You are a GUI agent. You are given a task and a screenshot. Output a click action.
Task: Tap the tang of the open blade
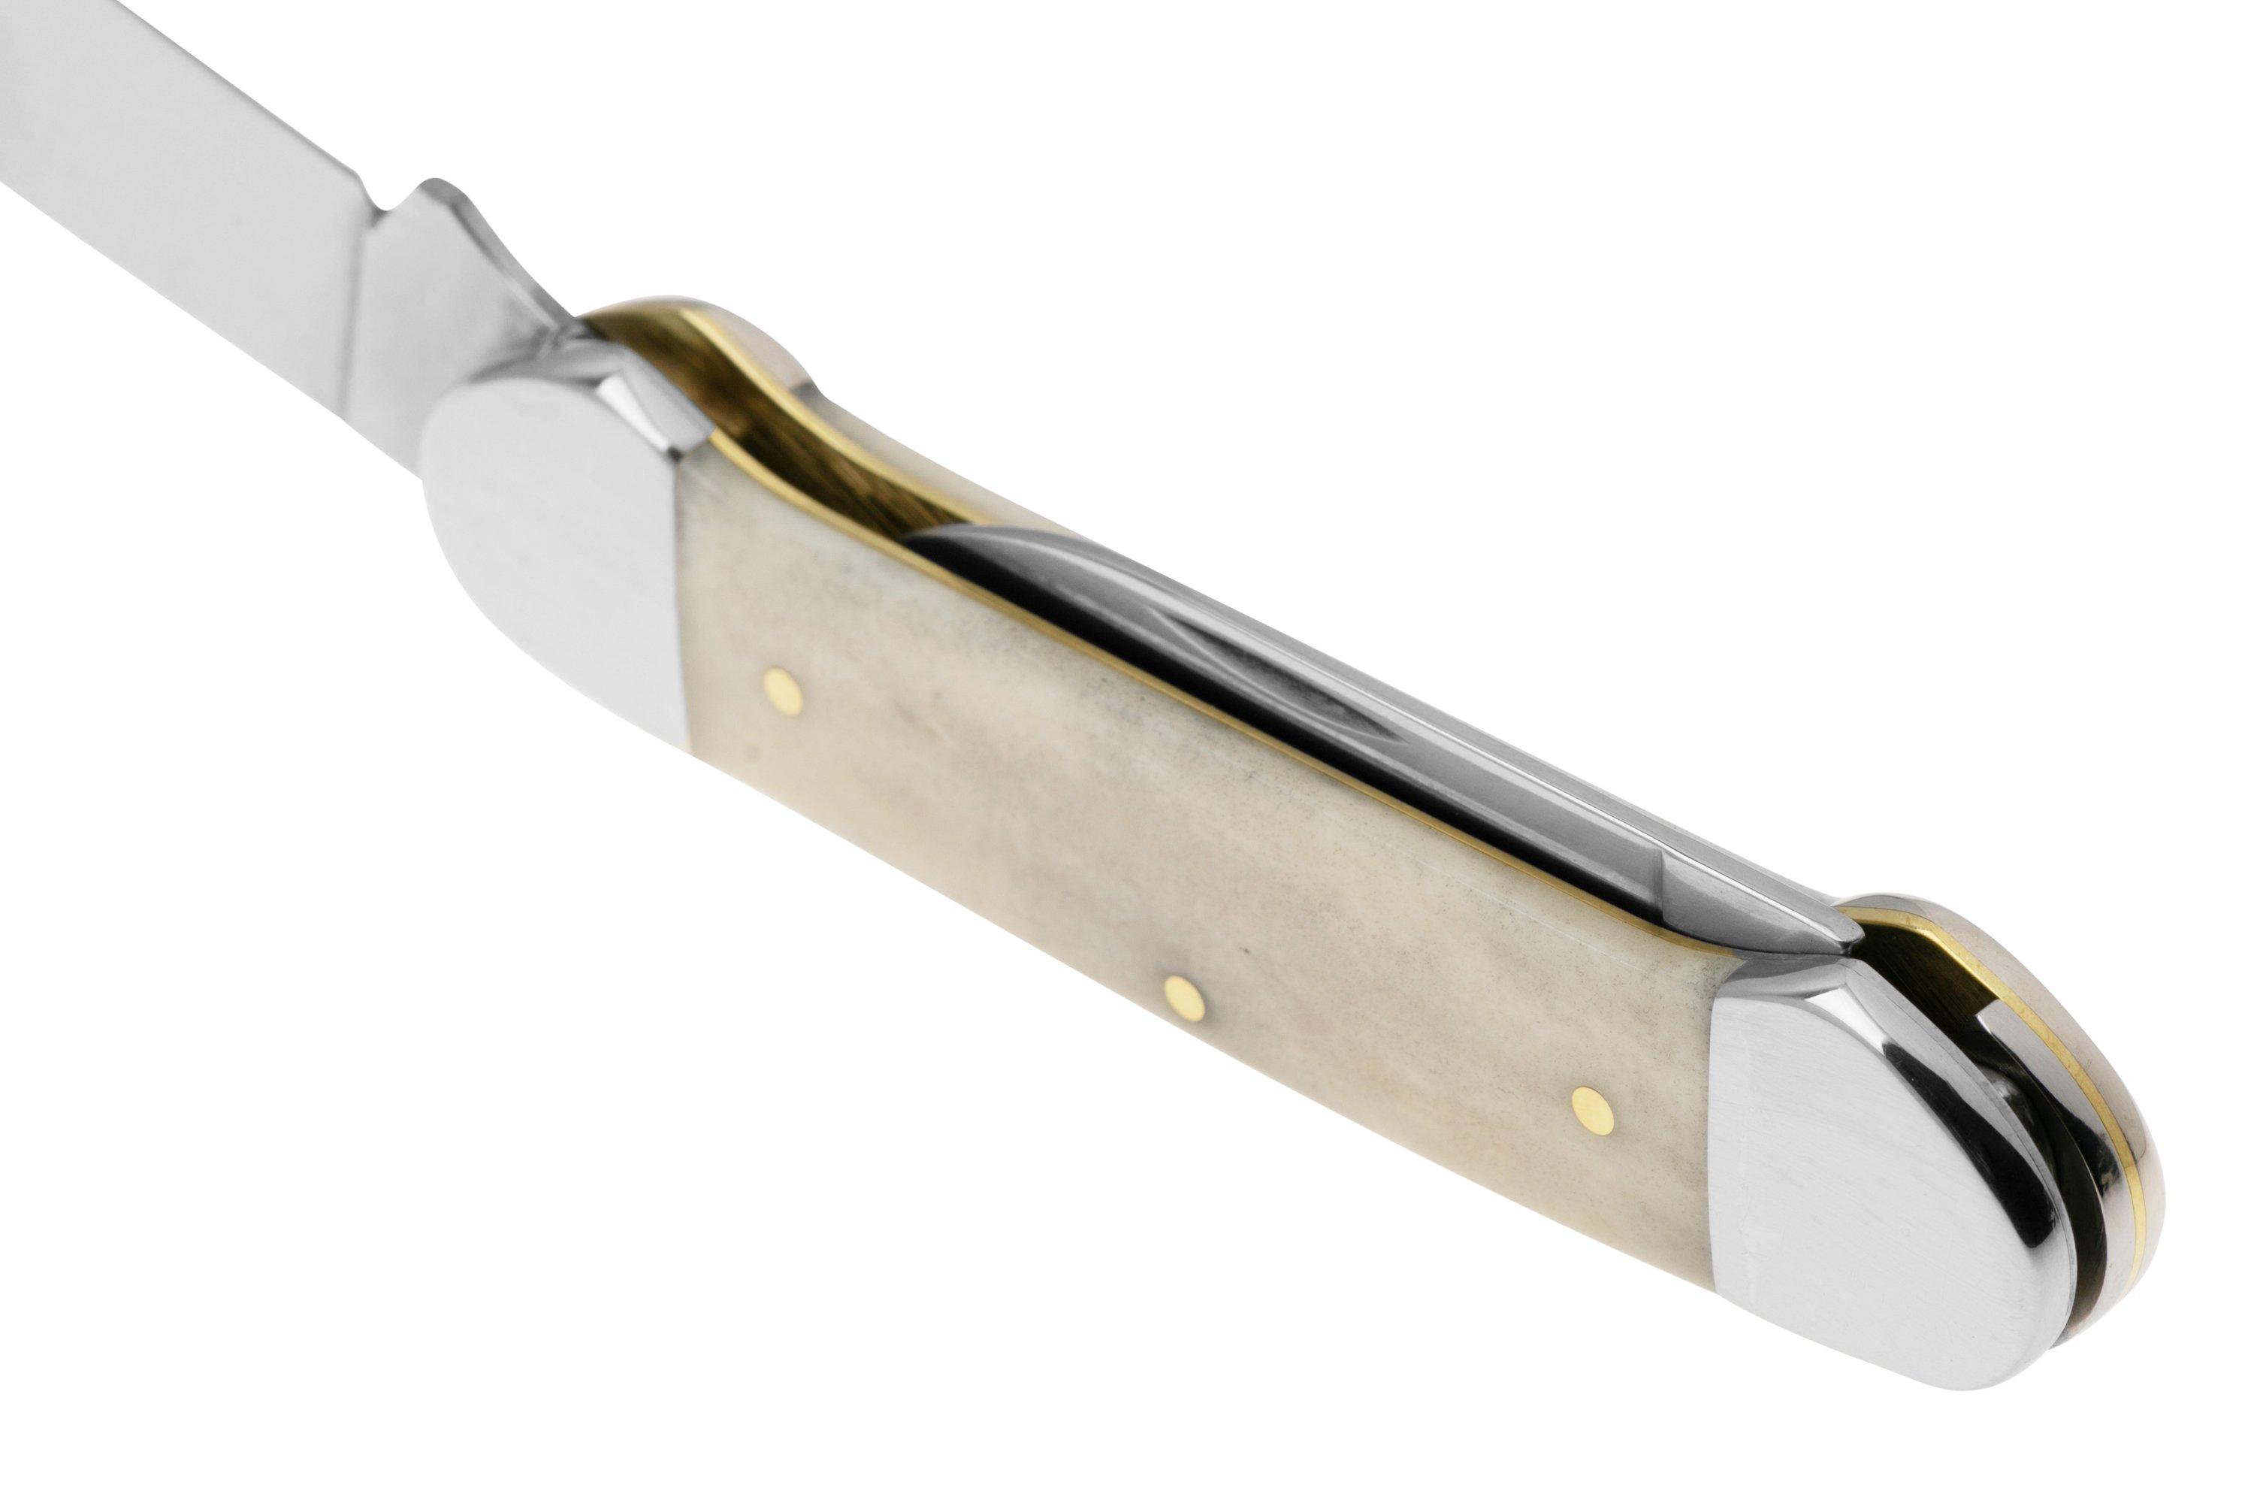[421, 288]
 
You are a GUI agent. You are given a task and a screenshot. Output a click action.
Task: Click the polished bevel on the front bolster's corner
[651, 403]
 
